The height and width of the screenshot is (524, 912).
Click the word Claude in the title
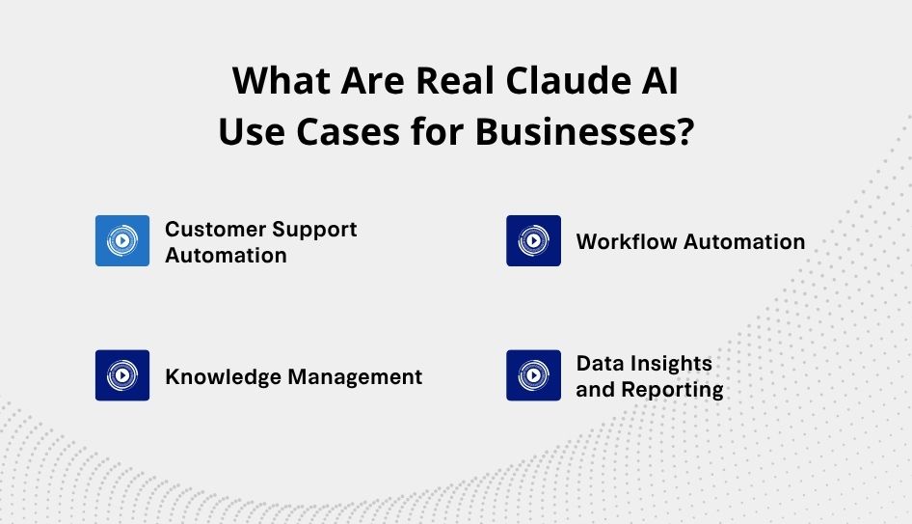(568, 80)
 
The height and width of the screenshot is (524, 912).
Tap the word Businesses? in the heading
(585, 131)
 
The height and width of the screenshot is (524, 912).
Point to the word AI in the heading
(660, 80)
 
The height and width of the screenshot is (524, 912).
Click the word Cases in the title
(348, 131)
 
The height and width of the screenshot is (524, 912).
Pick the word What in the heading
(281, 80)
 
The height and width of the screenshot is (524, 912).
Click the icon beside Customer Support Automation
(122, 240)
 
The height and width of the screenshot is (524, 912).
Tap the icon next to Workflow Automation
(533, 240)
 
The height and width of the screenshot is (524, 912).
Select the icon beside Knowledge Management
(122, 375)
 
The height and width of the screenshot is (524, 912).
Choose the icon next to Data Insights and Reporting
(533, 375)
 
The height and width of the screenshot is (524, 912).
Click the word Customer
(214, 229)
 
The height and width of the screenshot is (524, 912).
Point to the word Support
(314, 231)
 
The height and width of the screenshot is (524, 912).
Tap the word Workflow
(626, 241)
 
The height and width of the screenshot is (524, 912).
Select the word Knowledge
(224, 376)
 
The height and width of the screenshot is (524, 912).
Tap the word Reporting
(672, 390)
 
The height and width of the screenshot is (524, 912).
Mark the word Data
(600, 363)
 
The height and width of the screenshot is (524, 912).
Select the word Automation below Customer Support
(226, 256)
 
